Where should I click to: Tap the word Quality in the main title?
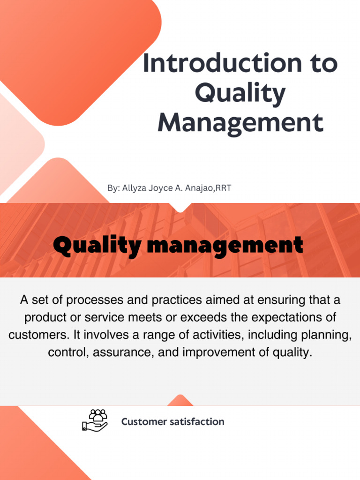(x=240, y=94)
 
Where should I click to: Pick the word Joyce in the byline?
(x=161, y=188)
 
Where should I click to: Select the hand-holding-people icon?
(x=95, y=420)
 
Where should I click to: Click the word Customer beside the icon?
(x=144, y=422)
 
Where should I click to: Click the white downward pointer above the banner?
(x=180, y=207)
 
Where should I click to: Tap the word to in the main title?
(x=323, y=63)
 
